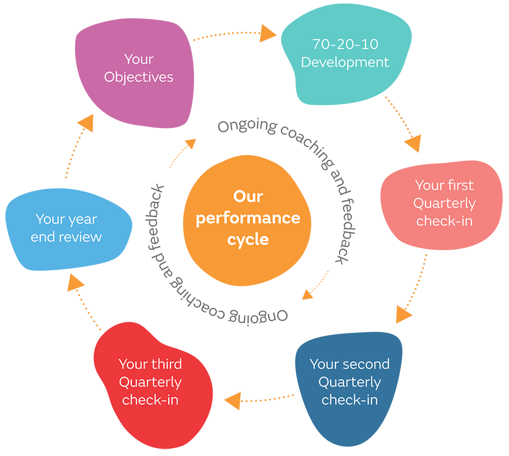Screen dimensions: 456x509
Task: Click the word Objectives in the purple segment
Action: coord(139,77)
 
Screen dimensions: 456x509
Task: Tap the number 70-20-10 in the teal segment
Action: coord(345,44)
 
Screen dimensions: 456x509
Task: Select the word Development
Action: coord(345,62)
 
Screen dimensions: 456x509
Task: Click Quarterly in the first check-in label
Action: coord(444,204)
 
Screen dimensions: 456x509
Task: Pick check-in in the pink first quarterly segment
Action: coord(444,221)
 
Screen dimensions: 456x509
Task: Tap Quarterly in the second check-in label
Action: coord(350,382)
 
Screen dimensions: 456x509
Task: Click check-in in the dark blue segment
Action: coord(350,400)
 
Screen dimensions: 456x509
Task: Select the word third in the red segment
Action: coord(165,364)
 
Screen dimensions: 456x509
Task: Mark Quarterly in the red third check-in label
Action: coord(150,382)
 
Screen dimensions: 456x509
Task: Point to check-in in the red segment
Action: coord(150,400)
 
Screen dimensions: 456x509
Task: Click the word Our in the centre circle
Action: coord(248,196)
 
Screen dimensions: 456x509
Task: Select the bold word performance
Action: coord(248,218)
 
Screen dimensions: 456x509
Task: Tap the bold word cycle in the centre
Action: coord(248,239)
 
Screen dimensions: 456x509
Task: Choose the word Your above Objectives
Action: coord(139,59)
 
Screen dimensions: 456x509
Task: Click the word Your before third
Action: coord(133,364)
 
